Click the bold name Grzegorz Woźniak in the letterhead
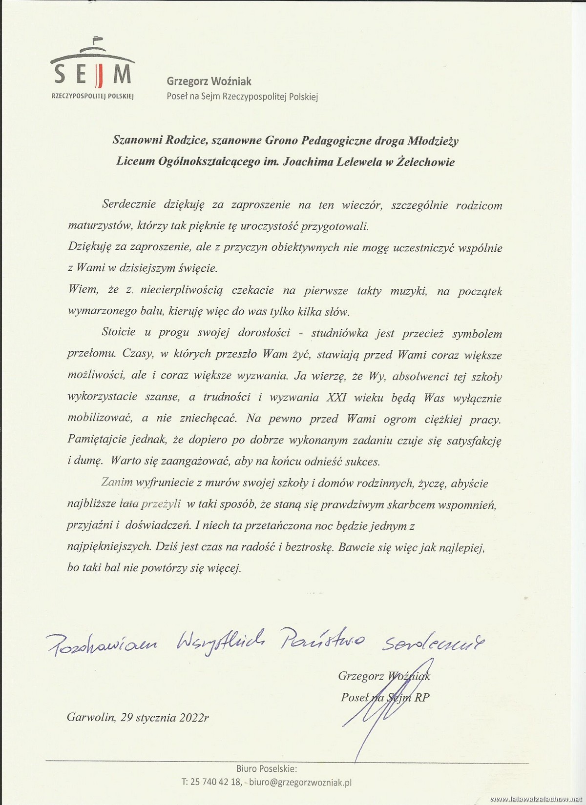pyautogui.click(x=209, y=82)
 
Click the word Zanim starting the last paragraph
pyautogui.click(x=117, y=483)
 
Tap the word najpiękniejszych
pyautogui.click(x=108, y=547)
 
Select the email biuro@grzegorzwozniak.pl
pyautogui.click(x=300, y=782)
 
